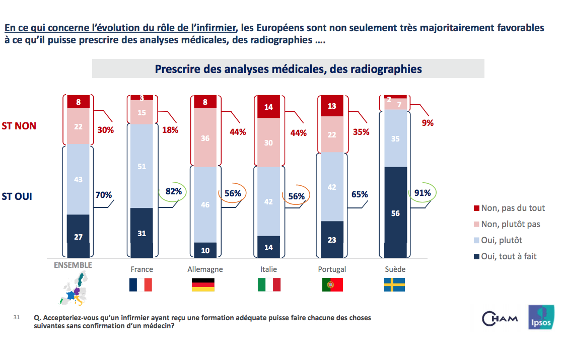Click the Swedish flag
pos(395,285)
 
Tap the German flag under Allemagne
pos(203,285)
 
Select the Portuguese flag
pos(332,285)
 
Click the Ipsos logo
pos(541,318)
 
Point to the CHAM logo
pos(501,318)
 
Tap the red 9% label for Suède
pos(428,122)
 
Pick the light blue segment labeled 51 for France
pos(142,166)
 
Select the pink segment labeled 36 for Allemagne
pos(205,138)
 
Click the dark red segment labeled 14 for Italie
pos(268,107)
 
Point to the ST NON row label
pos(19,126)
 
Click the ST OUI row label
pos(17,196)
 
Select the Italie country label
pos(268,269)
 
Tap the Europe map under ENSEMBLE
pos(74,289)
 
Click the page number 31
pos(17,318)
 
